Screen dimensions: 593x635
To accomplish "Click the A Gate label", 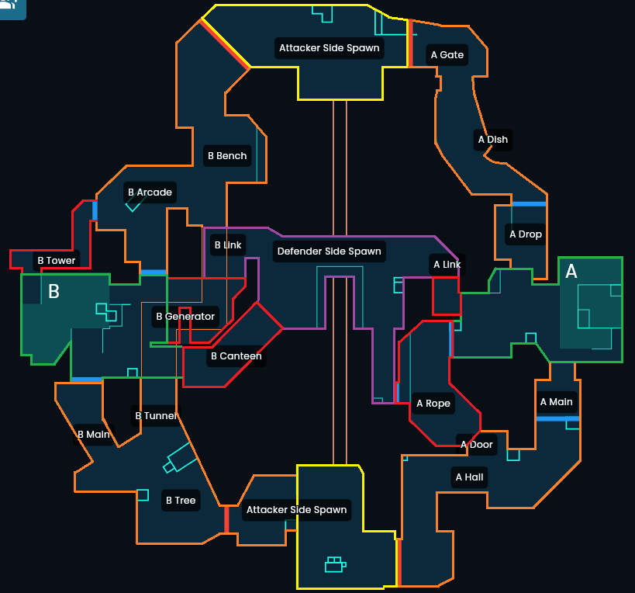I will pyautogui.click(x=447, y=55).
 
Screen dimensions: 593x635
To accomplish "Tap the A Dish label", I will pyautogui.click(x=493, y=140).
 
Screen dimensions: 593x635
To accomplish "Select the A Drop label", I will pyautogui.click(x=525, y=234).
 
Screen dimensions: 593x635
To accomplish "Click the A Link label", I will pyautogui.click(x=447, y=265).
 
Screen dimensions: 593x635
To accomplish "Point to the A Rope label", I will pyautogui.click(x=433, y=404).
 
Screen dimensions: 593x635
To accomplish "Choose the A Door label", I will pyautogui.click(x=477, y=445).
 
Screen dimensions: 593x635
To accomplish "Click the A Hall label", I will pyautogui.click(x=469, y=477).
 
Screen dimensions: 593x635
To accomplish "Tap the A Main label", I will pyautogui.click(x=556, y=402).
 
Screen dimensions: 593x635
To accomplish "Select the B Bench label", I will pyautogui.click(x=227, y=156).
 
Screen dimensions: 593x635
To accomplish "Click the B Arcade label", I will pyautogui.click(x=150, y=192).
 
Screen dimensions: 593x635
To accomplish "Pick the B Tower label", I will pyautogui.click(x=57, y=261).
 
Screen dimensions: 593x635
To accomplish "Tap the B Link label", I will pyautogui.click(x=227, y=245).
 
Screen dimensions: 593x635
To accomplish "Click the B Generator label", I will pyautogui.click(x=185, y=317).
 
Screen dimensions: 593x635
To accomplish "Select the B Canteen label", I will pyautogui.click(x=236, y=357).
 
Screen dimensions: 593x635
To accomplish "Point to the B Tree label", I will pyautogui.click(x=181, y=501).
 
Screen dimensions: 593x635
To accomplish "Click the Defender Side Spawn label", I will pyautogui.click(x=329, y=251).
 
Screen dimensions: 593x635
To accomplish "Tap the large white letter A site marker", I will pyautogui.click(x=571, y=272).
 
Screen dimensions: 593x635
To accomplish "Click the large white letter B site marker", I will pyautogui.click(x=53, y=292).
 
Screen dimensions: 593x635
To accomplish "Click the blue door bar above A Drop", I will pyautogui.click(x=528, y=204).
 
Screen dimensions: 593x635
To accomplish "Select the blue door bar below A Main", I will pyautogui.click(x=557, y=419).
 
